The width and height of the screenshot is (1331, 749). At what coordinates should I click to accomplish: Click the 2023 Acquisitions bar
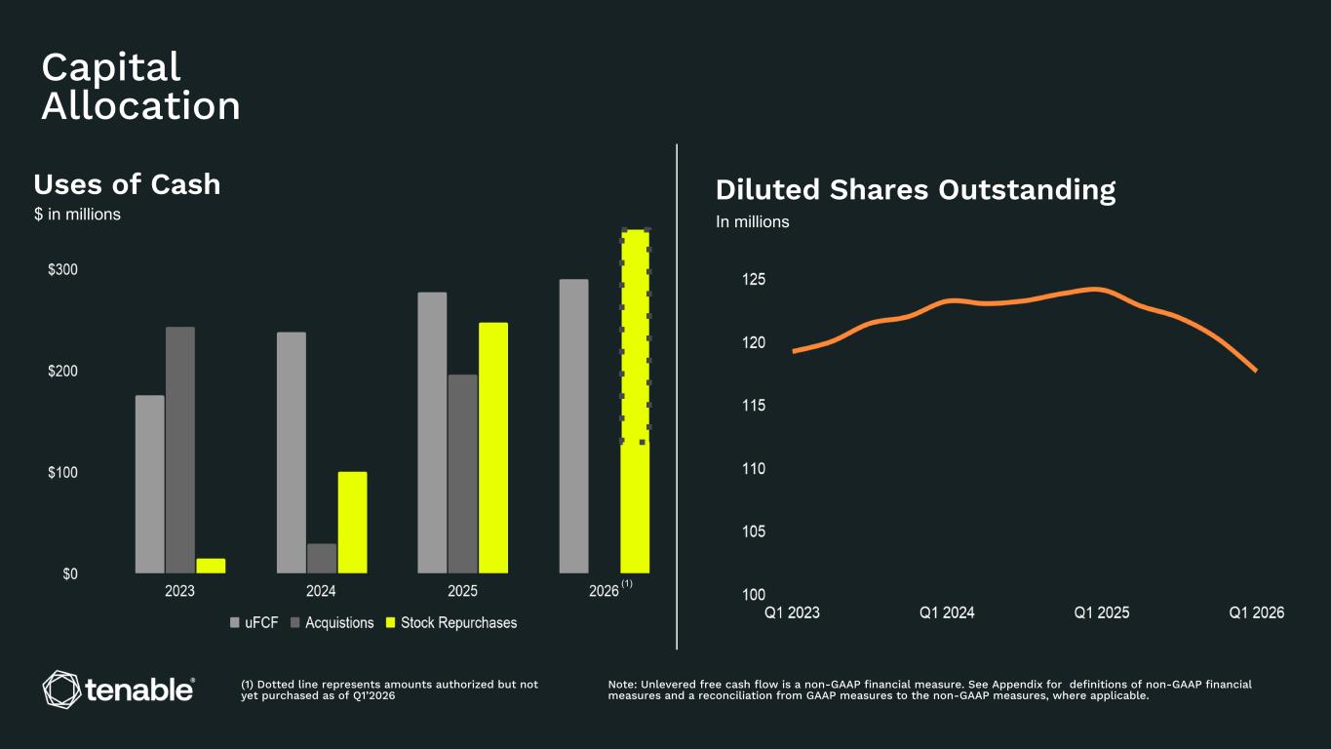(x=180, y=450)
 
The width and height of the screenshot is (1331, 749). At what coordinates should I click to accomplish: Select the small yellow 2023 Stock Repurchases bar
(x=211, y=566)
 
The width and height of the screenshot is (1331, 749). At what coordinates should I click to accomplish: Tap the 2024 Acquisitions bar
(x=322, y=559)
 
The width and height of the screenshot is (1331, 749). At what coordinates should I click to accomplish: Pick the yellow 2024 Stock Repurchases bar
(x=352, y=523)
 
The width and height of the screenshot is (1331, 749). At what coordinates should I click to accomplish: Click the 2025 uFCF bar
(x=432, y=433)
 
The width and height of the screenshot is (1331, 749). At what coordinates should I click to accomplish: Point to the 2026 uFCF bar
(x=574, y=426)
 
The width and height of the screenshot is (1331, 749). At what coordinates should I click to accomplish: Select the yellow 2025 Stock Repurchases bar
(x=493, y=449)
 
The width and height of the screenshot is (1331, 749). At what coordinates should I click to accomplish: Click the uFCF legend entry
(x=254, y=622)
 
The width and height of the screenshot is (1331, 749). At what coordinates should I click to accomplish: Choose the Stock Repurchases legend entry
(x=451, y=622)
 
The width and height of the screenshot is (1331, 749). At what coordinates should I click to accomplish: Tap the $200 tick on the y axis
(x=63, y=371)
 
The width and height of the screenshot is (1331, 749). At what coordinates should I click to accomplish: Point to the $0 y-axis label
(x=70, y=573)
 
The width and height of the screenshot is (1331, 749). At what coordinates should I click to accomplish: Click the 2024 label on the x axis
(x=321, y=591)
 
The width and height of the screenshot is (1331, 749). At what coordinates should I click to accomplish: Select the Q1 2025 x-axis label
(x=1102, y=612)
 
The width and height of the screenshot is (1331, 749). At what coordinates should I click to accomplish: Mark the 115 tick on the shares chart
(x=754, y=406)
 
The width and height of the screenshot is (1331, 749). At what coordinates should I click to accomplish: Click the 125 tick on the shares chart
(x=754, y=279)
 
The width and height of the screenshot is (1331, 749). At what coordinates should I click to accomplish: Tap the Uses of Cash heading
(x=127, y=184)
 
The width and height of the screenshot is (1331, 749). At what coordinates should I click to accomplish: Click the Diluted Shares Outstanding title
(x=916, y=189)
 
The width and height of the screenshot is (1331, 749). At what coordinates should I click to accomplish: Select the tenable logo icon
(x=61, y=690)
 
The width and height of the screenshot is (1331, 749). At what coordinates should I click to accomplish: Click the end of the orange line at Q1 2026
(x=1256, y=371)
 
